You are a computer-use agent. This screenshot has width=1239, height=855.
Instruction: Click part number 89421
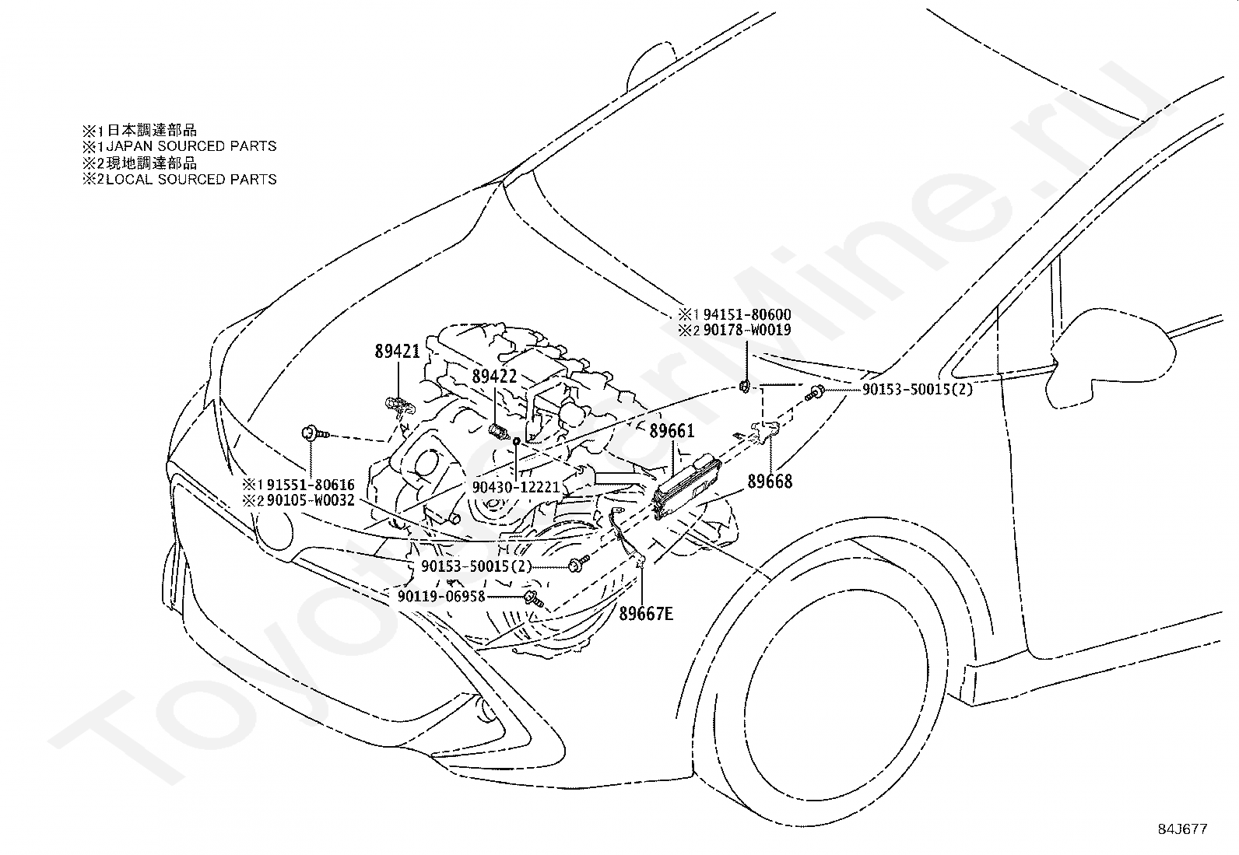point(397,351)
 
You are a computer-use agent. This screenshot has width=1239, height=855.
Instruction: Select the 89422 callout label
point(494,376)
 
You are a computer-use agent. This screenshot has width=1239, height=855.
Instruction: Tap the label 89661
point(672,430)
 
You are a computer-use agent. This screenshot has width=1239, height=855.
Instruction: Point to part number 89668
point(770,481)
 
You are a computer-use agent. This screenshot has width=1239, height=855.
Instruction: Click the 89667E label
point(646,613)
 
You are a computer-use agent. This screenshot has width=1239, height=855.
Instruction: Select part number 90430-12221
point(516,487)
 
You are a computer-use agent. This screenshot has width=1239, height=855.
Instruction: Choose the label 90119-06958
point(440,596)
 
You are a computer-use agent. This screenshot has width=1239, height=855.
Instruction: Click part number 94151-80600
point(746,314)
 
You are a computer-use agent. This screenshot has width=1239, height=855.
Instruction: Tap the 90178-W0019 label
point(746,330)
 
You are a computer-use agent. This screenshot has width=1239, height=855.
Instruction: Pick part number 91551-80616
point(311,485)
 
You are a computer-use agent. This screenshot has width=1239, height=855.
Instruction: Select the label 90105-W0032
point(311,500)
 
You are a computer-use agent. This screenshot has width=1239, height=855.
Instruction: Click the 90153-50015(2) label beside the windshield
point(917,389)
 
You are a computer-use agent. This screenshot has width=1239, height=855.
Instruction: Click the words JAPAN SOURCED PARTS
point(191,146)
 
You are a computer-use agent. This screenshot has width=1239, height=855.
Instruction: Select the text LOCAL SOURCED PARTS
point(191,179)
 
